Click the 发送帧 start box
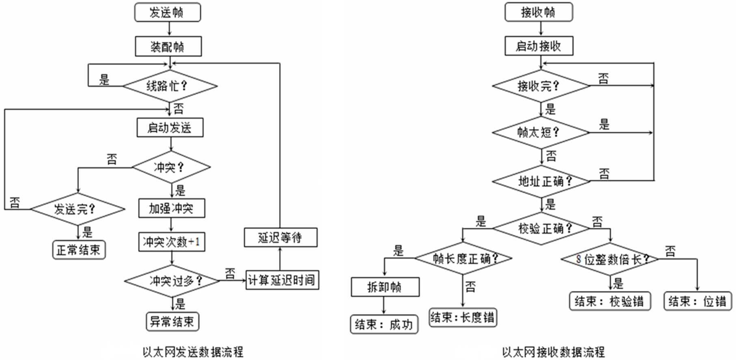167,13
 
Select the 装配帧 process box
168,47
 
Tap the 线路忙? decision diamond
170,86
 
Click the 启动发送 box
170,128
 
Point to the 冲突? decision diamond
171,167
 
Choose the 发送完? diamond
78,209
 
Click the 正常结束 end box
79,249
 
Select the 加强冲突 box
171,208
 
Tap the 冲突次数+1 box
171,242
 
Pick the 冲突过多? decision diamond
172,281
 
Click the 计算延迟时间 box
282,280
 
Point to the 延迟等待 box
280,237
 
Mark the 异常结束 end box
172,322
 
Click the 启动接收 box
539,46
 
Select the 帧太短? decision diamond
541,132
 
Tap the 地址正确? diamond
541,181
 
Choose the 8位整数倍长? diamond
610,259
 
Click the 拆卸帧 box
385,287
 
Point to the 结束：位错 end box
697,301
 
